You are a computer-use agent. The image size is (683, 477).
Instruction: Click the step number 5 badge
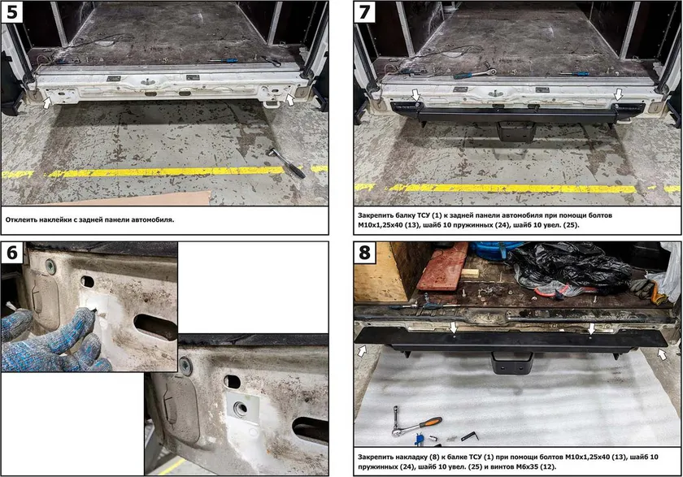pyautogui.click(x=12, y=12)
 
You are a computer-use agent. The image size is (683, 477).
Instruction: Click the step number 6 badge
pyautogui.click(x=12, y=253)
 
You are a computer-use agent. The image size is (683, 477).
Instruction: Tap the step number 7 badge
pyautogui.click(x=364, y=12)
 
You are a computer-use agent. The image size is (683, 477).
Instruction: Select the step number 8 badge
pyautogui.click(x=364, y=253)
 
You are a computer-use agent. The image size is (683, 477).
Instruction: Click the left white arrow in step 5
pyautogui.click(x=47, y=102)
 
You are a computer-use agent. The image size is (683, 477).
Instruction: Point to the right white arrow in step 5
pyautogui.click(x=290, y=99)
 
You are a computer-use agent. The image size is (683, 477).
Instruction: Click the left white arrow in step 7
pyautogui.click(x=415, y=95)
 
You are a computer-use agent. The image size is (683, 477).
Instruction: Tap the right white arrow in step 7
pyautogui.click(x=619, y=94)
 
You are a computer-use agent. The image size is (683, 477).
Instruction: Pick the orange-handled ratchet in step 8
pyautogui.click(x=416, y=423)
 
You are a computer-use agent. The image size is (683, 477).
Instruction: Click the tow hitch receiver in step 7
pyautogui.click(x=516, y=131)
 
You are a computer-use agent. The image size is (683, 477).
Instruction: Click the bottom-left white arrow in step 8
pyautogui.click(x=362, y=351)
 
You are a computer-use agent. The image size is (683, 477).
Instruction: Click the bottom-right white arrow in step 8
pyautogui.click(x=662, y=355)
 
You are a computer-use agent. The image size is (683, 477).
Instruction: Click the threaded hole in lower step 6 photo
pyautogui.click(x=240, y=408)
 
